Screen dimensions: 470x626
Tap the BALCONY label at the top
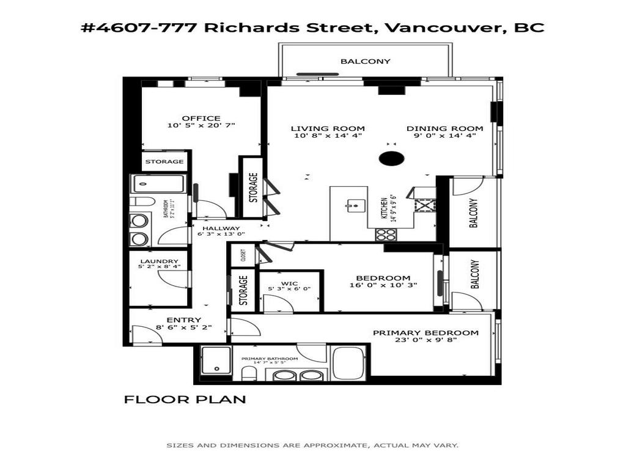click(x=365, y=61)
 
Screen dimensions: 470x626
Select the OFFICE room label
click(x=201, y=118)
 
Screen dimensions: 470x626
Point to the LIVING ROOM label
click(x=327, y=129)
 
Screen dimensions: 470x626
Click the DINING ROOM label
click(x=445, y=129)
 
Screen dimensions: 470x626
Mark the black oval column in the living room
click(x=391, y=159)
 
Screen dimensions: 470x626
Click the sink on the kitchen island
click(x=353, y=206)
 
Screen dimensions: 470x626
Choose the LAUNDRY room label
click(x=158, y=261)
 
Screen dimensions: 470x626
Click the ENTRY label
click(x=183, y=319)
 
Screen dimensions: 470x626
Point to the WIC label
click(x=289, y=283)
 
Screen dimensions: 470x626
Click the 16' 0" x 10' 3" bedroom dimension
click(x=383, y=285)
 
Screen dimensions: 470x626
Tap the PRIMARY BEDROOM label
click(x=425, y=333)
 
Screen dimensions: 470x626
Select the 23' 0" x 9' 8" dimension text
click(x=425, y=341)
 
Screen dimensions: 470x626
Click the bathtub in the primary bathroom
click(x=348, y=364)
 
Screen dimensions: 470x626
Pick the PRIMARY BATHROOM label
click(x=270, y=359)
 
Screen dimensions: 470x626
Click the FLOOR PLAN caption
click(x=185, y=400)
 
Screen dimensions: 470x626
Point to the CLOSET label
click(x=243, y=255)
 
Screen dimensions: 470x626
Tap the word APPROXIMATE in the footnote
click(x=339, y=446)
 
